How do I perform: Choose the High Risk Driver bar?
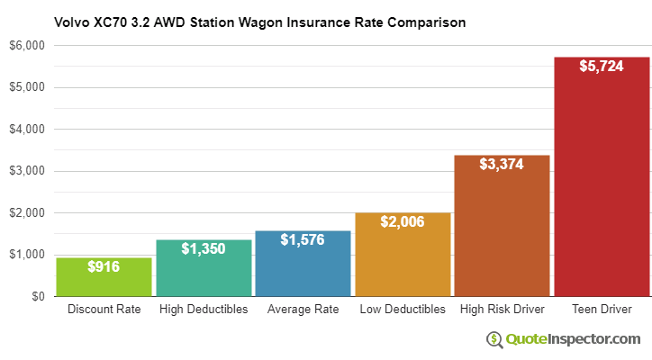point(502,226)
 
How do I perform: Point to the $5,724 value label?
point(602,67)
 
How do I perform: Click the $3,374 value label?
point(502,166)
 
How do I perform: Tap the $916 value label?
point(104,267)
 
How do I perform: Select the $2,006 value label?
point(403,222)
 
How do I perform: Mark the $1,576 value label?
point(303,240)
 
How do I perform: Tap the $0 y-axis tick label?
point(38,296)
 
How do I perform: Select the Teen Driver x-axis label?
point(602,310)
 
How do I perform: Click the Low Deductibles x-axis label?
point(403,310)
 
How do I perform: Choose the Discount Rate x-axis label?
point(104,310)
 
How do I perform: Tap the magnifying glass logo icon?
point(494,339)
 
